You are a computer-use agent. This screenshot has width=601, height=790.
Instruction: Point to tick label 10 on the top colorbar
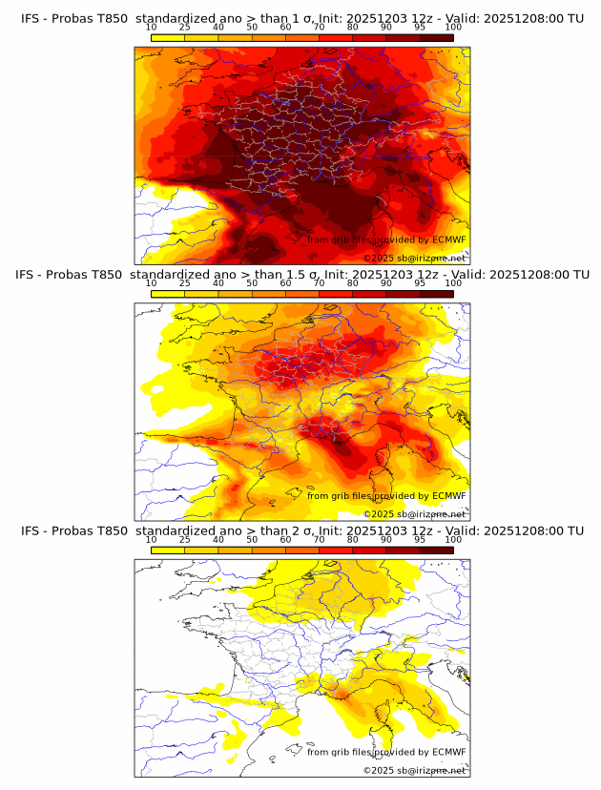152,28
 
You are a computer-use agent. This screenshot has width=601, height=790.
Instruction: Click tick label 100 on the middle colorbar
453,283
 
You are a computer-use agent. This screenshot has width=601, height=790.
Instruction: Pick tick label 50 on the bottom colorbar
252,540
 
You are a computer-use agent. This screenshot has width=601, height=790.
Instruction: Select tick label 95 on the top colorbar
420,28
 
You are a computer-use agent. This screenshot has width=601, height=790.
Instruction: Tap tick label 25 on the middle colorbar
185,283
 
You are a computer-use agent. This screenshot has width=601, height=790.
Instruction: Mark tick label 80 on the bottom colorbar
353,540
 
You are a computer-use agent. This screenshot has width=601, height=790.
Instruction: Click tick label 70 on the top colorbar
319,28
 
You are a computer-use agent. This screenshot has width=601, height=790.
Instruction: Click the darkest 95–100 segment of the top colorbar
436,37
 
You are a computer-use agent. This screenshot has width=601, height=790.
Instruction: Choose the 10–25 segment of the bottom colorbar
168,550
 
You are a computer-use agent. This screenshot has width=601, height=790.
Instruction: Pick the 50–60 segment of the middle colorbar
268,294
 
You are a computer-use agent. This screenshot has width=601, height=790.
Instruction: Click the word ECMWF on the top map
448,240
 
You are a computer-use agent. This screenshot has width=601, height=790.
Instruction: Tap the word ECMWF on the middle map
448,496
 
